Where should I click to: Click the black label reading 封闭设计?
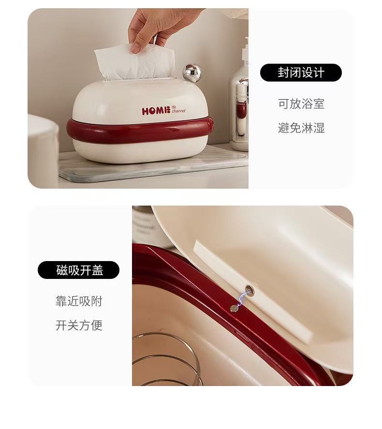point(301,72)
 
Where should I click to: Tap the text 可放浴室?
point(301,104)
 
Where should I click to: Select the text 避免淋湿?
point(301,128)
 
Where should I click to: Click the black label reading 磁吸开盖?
point(79,270)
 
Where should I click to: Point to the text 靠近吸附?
point(79,301)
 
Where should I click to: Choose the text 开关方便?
point(79,325)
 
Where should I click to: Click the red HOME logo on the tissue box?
point(156,111)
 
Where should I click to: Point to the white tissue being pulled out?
point(134,62)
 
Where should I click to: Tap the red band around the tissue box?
point(140,131)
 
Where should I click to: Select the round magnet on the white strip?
point(250,289)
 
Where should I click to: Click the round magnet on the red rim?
point(234,308)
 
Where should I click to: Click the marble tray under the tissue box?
point(154,164)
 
